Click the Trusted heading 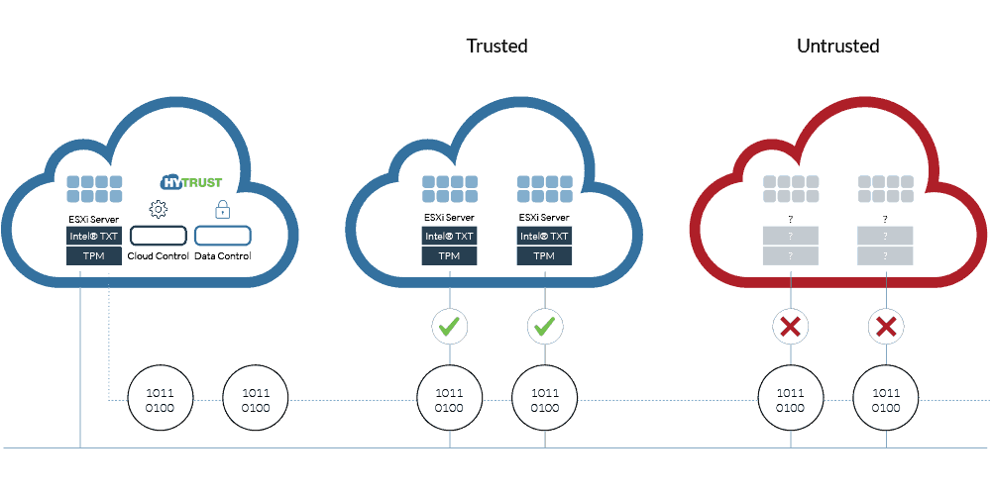point(496,47)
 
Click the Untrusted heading point(838,47)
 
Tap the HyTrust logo point(191,182)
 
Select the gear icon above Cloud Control point(158,209)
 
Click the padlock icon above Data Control point(222,209)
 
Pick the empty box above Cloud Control point(158,236)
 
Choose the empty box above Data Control point(222,236)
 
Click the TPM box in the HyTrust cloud point(94,256)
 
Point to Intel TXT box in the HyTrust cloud point(94,237)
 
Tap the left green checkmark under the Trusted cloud point(450,327)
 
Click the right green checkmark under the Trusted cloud point(545,327)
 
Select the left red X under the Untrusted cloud point(790,327)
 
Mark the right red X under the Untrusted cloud point(886,327)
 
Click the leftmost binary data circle point(160,400)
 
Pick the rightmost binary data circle point(886,400)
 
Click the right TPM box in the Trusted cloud point(544,256)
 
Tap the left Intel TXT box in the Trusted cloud point(449,237)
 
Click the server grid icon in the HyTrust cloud point(94,189)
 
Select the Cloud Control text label point(158,256)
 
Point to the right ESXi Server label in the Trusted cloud point(544,217)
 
